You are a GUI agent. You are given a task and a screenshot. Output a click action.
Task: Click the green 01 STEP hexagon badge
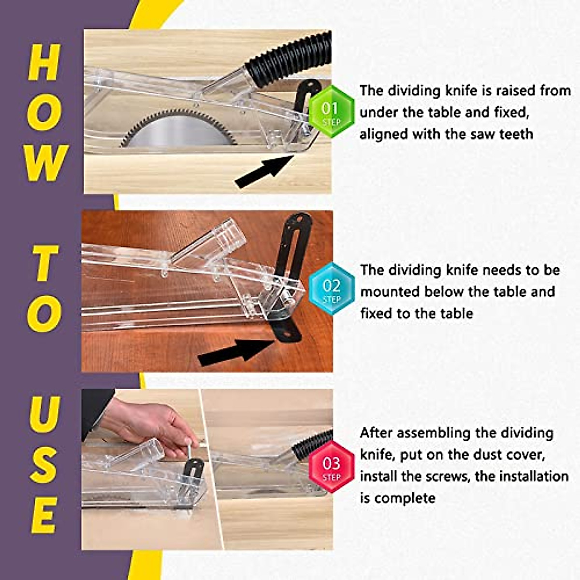tap(331, 112)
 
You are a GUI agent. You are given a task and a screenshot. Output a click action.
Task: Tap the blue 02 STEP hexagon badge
tap(331, 289)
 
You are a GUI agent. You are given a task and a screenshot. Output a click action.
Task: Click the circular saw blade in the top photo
tap(179, 129)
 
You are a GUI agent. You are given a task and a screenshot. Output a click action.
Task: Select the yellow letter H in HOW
tap(44, 63)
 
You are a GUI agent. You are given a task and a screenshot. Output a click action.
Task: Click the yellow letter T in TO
tap(45, 263)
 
